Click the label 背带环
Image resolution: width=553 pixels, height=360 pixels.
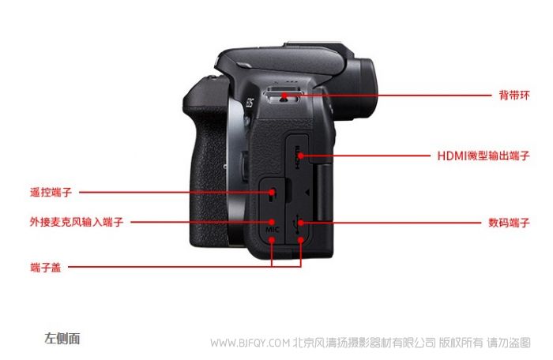coord(514,96)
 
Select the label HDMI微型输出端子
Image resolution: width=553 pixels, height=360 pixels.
coord(483,156)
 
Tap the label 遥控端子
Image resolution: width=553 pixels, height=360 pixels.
coord(51,192)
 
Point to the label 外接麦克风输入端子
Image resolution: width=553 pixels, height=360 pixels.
coord(77,222)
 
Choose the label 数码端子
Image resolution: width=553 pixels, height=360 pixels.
coord(509,223)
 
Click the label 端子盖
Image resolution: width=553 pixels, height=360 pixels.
coord(46,267)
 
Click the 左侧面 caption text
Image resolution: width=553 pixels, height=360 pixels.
coord(62,338)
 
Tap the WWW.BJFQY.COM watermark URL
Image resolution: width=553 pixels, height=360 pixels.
coord(250,343)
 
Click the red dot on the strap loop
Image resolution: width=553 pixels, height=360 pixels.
coord(284,96)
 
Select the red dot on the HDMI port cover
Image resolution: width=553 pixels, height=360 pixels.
coord(300,156)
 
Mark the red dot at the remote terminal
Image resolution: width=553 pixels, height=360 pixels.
coord(272,192)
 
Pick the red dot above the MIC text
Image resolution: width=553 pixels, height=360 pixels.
coord(272,222)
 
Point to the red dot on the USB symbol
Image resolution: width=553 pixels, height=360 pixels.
coord(300,223)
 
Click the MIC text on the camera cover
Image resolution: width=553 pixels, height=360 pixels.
coord(272,230)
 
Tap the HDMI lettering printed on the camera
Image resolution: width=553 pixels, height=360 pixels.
coord(297,156)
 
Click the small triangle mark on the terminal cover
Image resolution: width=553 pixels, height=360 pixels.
coord(307,193)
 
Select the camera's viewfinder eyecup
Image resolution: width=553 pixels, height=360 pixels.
coord(363,88)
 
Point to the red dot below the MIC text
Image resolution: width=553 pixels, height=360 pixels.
coord(272,240)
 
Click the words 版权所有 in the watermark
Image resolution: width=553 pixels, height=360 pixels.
coord(461,343)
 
